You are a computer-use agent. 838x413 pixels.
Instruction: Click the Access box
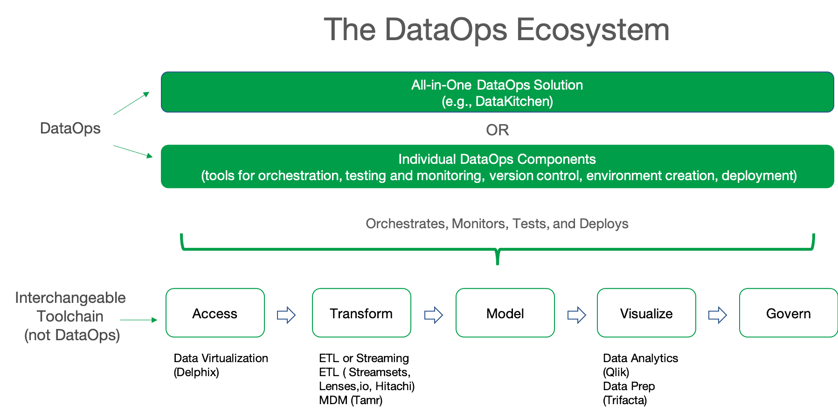pos(215,313)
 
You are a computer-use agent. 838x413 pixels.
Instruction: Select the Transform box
pos(361,313)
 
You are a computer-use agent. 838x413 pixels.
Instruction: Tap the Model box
pos(505,313)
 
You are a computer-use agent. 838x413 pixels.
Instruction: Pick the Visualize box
pos(646,313)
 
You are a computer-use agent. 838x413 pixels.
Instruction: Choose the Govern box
pos(788,313)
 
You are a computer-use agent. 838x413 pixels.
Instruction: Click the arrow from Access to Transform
pos(286,315)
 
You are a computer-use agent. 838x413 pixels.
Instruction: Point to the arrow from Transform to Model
pos(433,315)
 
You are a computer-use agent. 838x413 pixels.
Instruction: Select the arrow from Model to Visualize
pos(576,315)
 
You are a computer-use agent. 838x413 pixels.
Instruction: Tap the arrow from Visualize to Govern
pos(717,315)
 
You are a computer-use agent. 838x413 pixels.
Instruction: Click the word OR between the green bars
pos(497,130)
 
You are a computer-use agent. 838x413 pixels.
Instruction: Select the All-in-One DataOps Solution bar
pos(497,92)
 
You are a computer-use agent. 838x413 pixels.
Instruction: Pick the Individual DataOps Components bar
pos(497,167)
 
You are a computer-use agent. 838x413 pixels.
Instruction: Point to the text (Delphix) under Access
pos(196,372)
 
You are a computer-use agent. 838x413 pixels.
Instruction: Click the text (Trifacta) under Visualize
pos(625,400)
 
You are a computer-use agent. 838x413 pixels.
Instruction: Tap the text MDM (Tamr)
pos(351,400)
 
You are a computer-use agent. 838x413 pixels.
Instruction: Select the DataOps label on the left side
pos(70,128)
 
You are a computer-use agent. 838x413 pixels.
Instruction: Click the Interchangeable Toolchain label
pos(70,307)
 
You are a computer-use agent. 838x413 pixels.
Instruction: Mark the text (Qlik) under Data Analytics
pos(616,372)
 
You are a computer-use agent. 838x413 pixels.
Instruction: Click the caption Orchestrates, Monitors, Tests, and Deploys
pos(497,224)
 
